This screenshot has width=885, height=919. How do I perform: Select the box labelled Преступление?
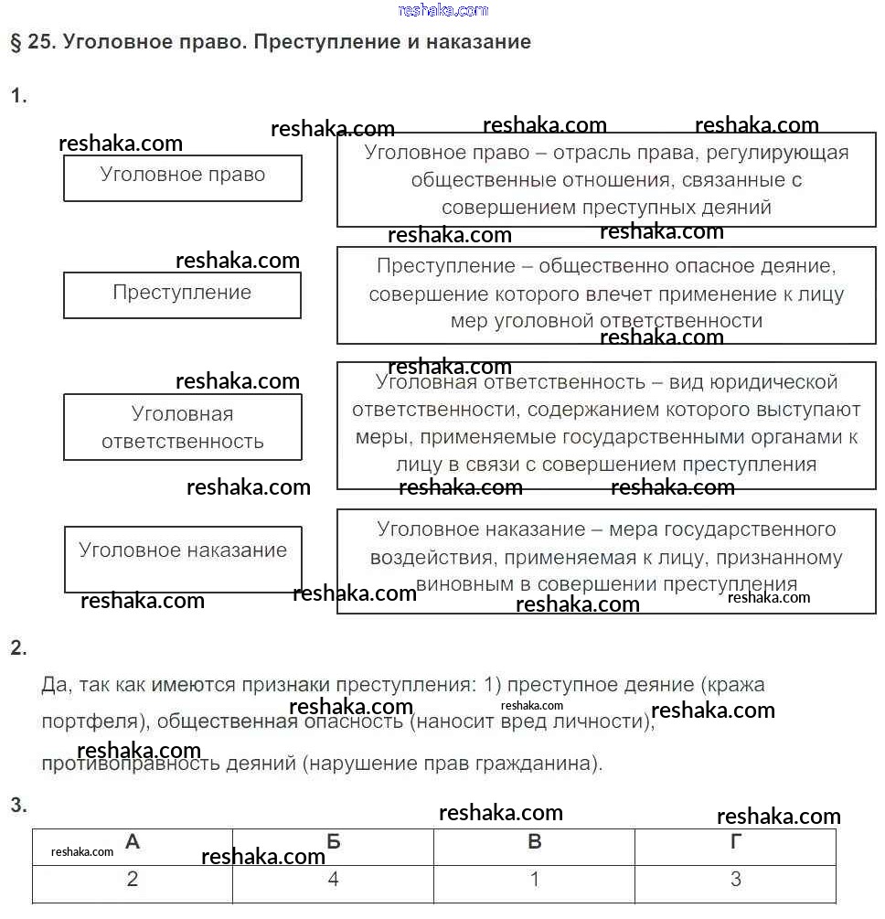click(182, 294)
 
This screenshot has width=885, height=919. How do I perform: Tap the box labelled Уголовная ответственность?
click(182, 427)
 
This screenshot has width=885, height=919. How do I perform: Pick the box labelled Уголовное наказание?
click(182, 558)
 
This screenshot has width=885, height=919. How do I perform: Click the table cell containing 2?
click(133, 881)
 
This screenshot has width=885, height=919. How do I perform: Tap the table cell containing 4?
click(334, 881)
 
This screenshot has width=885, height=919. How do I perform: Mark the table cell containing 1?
click(535, 881)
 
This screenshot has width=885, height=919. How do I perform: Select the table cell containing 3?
click(736, 881)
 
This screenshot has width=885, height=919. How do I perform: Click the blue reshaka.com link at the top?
click(443, 10)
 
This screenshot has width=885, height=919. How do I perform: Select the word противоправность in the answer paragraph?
click(121, 763)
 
